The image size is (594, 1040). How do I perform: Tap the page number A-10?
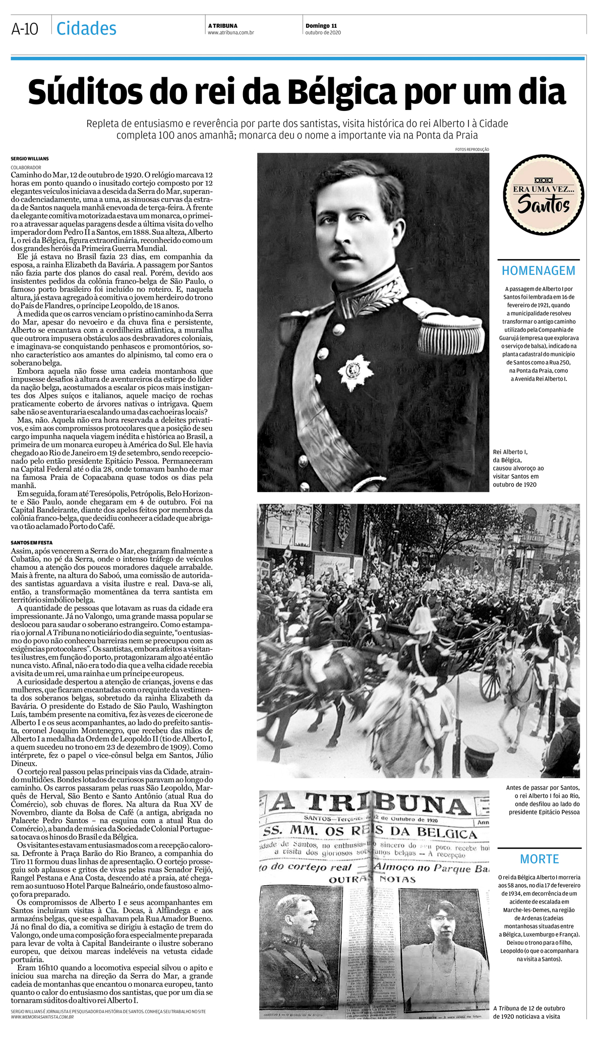point(25,29)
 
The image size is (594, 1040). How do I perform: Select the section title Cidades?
point(86,29)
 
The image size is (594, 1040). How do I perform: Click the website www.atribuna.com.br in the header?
point(230,33)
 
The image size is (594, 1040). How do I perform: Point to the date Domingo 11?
point(321,26)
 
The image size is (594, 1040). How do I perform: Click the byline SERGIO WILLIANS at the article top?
point(30,159)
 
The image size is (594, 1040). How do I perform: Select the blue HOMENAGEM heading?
point(538,271)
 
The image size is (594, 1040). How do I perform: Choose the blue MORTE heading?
point(539,859)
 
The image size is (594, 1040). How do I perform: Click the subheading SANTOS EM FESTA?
point(32,542)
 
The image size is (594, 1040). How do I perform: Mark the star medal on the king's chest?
point(355,372)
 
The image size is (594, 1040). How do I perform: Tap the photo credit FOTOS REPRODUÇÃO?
point(471,150)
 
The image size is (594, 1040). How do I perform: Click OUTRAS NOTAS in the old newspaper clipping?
point(372,880)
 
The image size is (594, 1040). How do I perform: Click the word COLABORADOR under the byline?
point(26,167)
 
